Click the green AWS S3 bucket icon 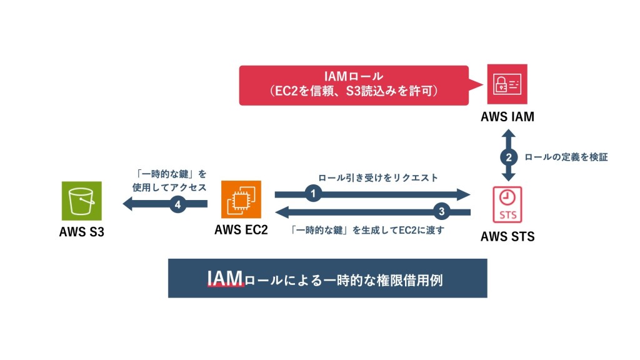[82, 201]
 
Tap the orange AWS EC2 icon [241, 201]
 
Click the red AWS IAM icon [507, 84]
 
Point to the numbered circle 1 [313, 194]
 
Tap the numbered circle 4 [178, 203]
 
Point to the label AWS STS [507, 237]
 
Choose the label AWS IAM [507, 116]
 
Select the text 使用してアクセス [169, 186]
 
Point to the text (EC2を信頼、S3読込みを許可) [354, 92]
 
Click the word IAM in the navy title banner [224, 279]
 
